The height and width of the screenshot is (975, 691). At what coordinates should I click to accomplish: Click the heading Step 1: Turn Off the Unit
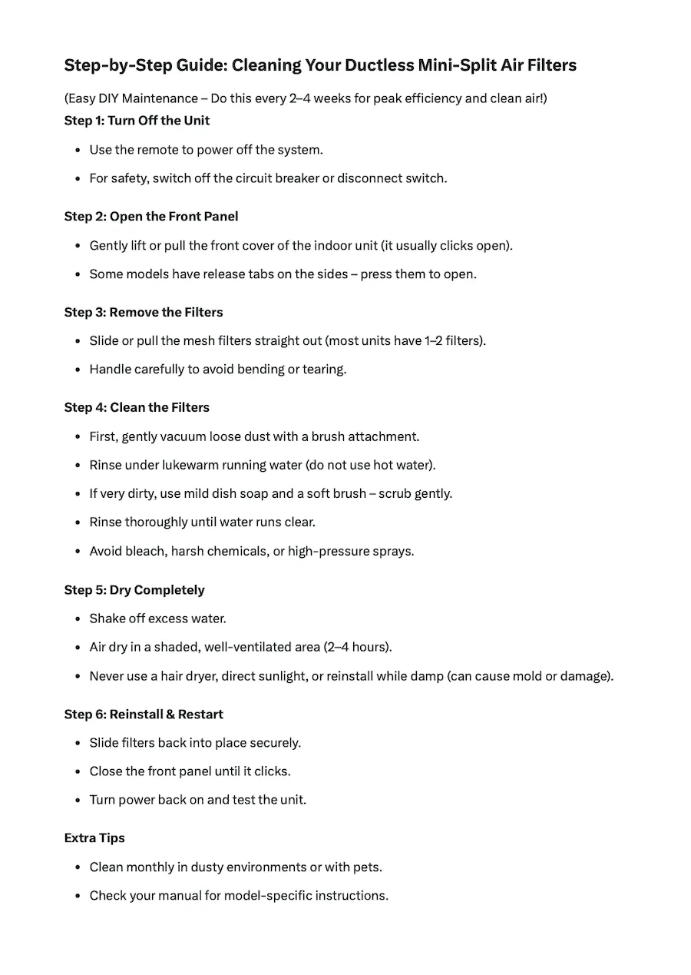point(137,121)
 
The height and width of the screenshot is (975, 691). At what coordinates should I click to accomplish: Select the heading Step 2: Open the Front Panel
point(151,217)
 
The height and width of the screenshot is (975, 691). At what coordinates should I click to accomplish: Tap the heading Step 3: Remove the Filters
point(144,312)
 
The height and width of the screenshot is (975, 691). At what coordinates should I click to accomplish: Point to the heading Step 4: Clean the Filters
point(137,407)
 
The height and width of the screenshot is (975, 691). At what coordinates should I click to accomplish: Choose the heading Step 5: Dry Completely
point(134,590)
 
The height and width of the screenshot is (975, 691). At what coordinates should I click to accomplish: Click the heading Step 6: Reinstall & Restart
point(144,715)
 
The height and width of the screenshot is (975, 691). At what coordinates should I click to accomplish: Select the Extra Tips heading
point(94,838)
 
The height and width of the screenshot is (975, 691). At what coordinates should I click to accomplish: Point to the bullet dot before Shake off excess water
point(78,618)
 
